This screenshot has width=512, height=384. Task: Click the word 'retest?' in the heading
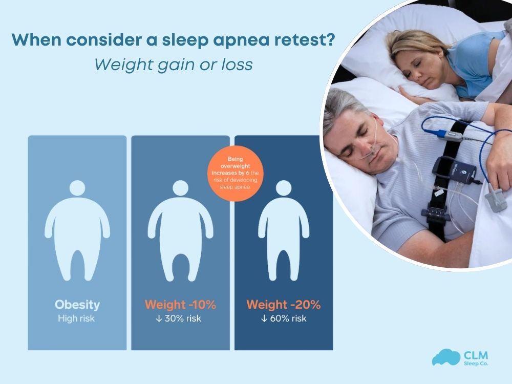305,40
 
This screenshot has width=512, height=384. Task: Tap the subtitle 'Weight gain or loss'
174,65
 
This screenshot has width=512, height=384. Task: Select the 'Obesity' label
77,305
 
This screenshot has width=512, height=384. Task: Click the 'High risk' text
77,318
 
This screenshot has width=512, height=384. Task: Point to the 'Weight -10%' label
180,305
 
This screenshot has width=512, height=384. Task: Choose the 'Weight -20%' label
283,305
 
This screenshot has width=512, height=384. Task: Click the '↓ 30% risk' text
180,318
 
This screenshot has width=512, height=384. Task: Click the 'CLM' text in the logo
475,354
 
